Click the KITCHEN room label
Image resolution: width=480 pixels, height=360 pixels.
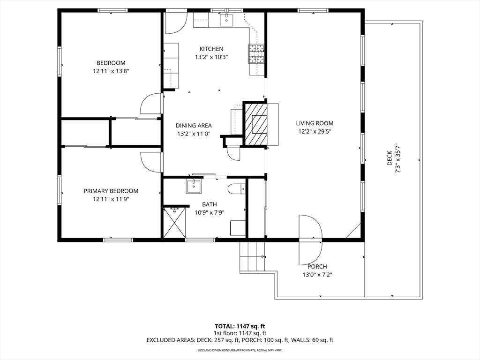click(211, 49)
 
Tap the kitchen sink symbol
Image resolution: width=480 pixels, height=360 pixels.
click(226, 20)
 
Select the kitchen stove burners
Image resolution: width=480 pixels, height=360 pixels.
click(256, 53)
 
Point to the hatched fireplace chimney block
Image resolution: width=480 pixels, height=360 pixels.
click(255, 123)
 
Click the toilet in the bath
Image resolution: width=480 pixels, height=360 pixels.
click(237, 188)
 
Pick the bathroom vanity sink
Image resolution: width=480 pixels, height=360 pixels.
click(194, 187)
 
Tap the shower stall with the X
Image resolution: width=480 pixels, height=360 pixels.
click(174, 223)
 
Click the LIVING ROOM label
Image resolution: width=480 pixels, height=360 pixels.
click(315, 123)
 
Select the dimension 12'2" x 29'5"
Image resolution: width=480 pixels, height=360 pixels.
click(315, 132)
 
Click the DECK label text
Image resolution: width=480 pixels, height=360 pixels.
click(390, 158)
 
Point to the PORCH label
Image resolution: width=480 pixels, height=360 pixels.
click(317, 267)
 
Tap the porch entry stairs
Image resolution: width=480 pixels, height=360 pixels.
click(252, 256)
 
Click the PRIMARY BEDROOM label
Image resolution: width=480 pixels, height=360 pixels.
click(111, 191)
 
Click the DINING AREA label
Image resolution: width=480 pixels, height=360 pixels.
click(194, 126)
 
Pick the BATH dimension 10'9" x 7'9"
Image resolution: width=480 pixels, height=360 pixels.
click(210, 212)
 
